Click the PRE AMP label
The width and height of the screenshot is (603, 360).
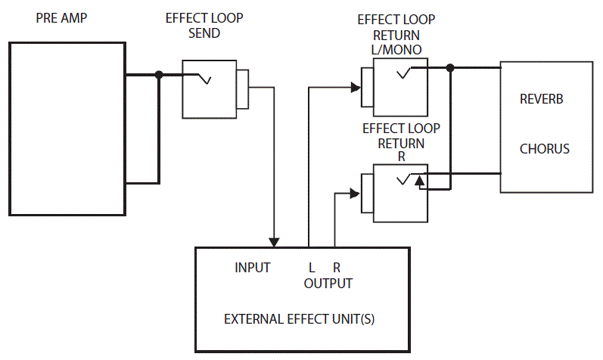point(61,17)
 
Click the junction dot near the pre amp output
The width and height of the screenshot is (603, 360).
point(158,74)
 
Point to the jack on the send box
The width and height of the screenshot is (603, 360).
point(242,88)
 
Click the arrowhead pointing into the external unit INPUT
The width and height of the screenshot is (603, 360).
point(275,241)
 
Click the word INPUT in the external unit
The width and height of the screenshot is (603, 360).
point(252,267)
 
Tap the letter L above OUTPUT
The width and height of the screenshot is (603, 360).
point(311,267)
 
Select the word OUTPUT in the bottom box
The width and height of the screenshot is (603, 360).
point(328,284)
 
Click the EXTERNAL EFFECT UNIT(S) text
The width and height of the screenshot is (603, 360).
point(300,318)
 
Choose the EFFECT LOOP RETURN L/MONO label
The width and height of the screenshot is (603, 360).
point(396,34)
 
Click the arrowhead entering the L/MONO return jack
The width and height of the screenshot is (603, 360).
point(356,87)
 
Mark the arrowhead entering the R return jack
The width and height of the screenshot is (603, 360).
point(356,193)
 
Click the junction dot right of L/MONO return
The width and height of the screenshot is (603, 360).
point(450,67)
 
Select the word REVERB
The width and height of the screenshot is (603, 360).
point(542,100)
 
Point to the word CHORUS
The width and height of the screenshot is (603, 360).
point(544,148)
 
